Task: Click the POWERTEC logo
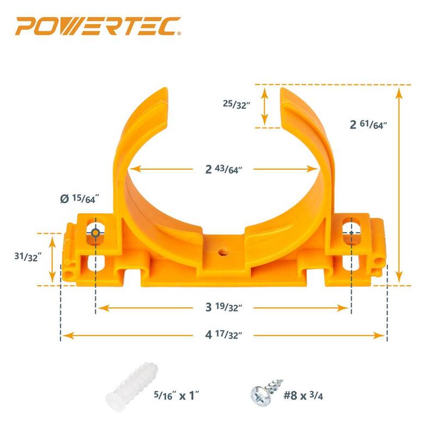(x=98, y=26)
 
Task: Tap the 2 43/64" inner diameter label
(x=223, y=169)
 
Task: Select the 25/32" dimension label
(x=237, y=104)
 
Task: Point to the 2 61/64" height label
(x=368, y=124)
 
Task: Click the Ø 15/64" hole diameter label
(x=80, y=198)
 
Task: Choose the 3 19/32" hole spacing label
(x=223, y=307)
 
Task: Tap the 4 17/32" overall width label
(x=223, y=335)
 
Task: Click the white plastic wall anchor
(x=131, y=386)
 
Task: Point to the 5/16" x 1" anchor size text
(x=177, y=395)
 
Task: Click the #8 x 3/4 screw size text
(x=303, y=395)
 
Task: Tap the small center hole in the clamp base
(x=222, y=253)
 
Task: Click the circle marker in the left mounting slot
(x=95, y=233)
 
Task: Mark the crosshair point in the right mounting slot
(x=352, y=233)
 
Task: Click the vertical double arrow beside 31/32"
(x=52, y=259)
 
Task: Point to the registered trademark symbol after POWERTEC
(x=179, y=34)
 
